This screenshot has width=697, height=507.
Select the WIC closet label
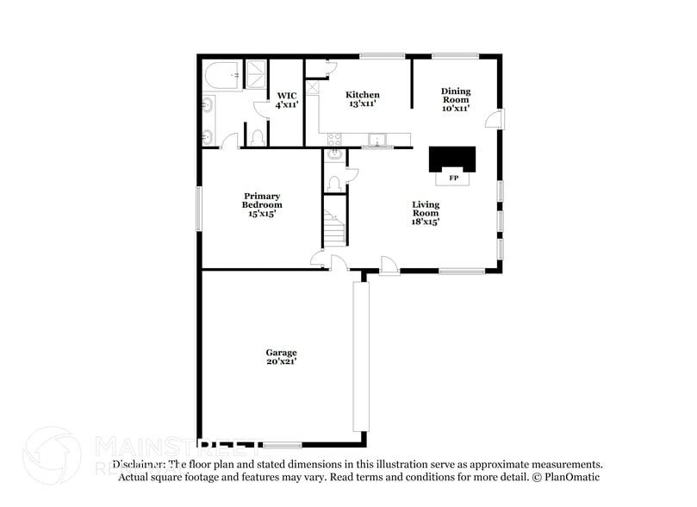point(286,99)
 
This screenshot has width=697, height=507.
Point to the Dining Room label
point(456,99)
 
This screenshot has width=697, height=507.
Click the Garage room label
point(281,357)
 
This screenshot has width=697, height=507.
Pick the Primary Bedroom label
point(262,204)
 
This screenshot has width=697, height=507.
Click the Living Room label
point(426,212)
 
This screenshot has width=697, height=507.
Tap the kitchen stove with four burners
point(335,138)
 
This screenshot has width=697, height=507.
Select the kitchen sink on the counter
point(377,139)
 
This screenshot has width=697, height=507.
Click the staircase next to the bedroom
point(333,221)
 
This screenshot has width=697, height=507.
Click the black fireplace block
point(452,160)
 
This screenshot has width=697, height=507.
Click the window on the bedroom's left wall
point(199,208)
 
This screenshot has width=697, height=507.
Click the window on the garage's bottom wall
point(282,445)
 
